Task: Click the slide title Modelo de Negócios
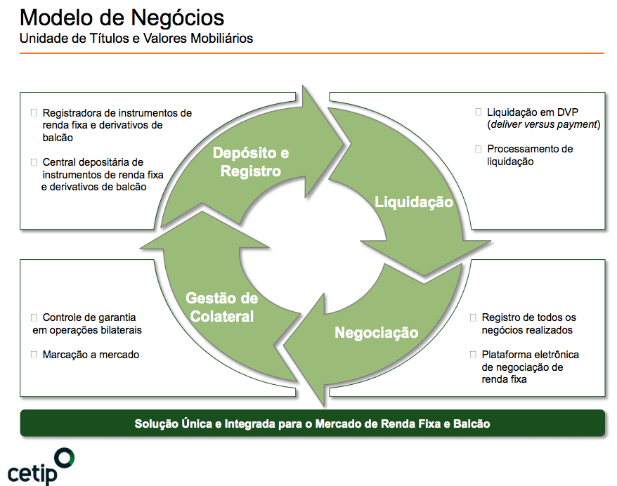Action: (122, 17)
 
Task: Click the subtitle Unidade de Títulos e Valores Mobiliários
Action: (136, 39)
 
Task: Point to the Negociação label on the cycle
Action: (376, 332)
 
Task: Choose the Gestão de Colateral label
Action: (221, 307)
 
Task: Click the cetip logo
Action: (41, 466)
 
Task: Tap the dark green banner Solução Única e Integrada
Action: (312, 424)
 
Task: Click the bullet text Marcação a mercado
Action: (91, 355)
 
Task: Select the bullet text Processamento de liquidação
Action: (529, 155)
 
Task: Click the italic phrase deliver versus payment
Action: (543, 124)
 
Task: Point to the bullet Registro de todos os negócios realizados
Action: (528, 324)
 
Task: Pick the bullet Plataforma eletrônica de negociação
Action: (530, 367)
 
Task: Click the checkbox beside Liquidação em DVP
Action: (479, 112)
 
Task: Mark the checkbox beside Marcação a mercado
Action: (34, 355)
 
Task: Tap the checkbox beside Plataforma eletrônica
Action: (473, 355)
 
